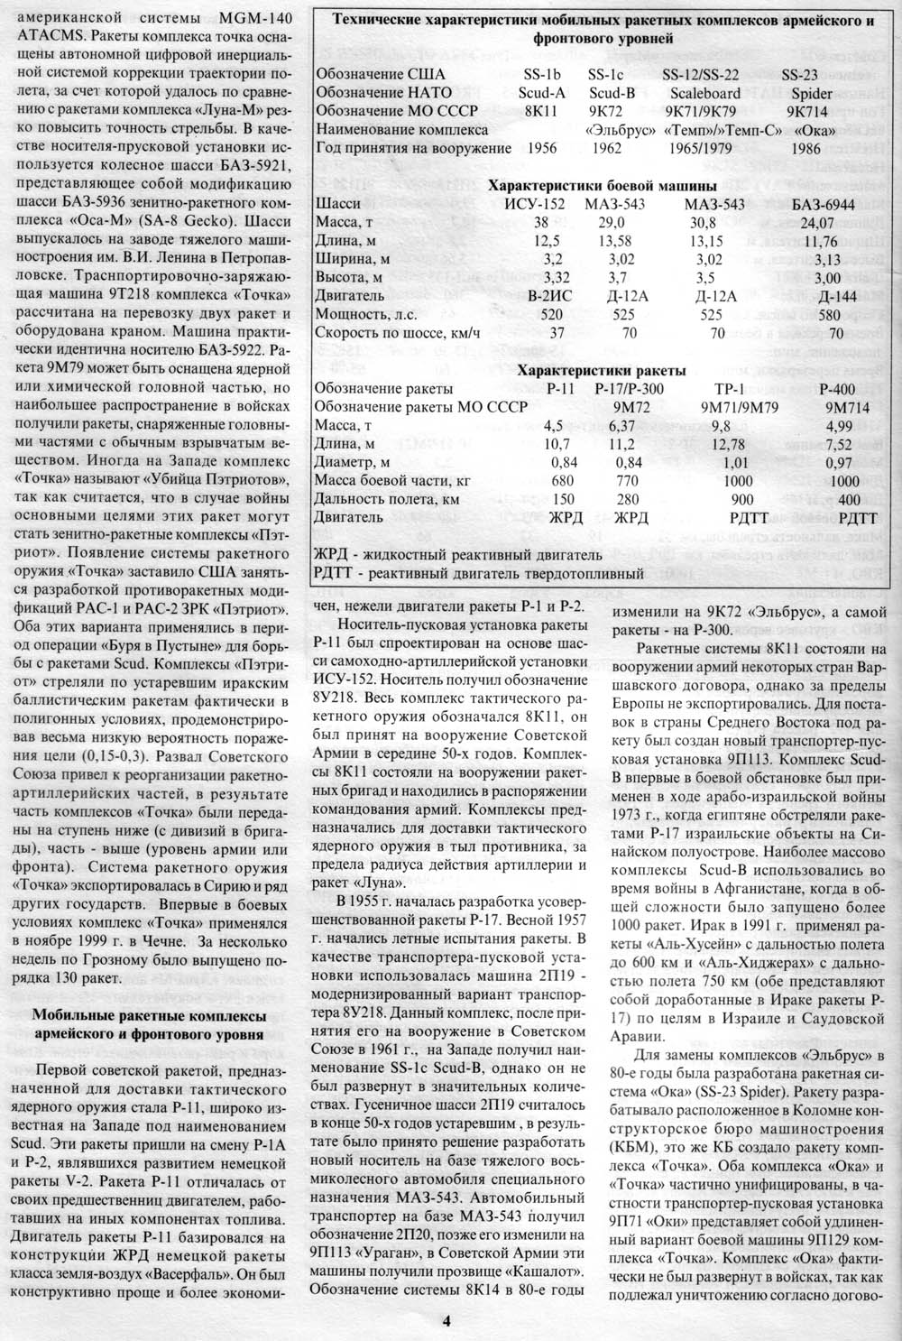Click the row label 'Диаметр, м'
[x=355, y=461]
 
